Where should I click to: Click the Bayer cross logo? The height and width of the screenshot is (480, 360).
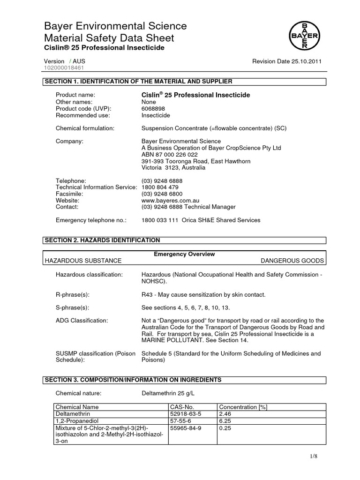click(x=304, y=35)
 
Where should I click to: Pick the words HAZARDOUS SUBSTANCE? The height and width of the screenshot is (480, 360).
click(x=82, y=260)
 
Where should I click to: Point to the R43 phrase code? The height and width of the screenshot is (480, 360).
click(x=147, y=294)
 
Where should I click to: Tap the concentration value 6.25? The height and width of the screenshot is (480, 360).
click(x=225, y=421)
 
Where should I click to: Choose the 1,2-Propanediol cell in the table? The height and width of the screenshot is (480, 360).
click(x=76, y=421)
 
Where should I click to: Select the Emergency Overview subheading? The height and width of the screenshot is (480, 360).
click(x=184, y=254)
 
